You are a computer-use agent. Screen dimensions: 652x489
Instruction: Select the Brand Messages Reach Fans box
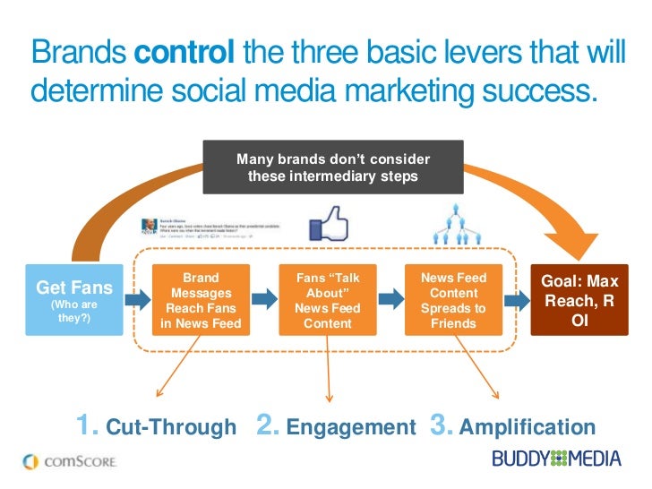point(201,299)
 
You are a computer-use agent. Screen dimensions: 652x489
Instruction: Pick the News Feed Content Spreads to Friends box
point(454,299)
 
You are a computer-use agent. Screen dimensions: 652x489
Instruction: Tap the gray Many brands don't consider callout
point(333,167)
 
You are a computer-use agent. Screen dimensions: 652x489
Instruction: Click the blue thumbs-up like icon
point(328,224)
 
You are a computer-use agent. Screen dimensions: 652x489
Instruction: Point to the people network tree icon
point(453,225)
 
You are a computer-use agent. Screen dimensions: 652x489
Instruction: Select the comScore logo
point(68,461)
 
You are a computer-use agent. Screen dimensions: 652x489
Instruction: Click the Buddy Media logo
point(555,459)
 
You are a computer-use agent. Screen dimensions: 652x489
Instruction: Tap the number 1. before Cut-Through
point(88,425)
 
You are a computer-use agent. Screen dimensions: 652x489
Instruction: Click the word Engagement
point(352,427)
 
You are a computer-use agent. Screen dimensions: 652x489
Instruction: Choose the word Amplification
point(527,427)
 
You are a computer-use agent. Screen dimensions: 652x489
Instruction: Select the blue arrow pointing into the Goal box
point(517,298)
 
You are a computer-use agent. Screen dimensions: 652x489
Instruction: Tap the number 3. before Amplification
point(442,425)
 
